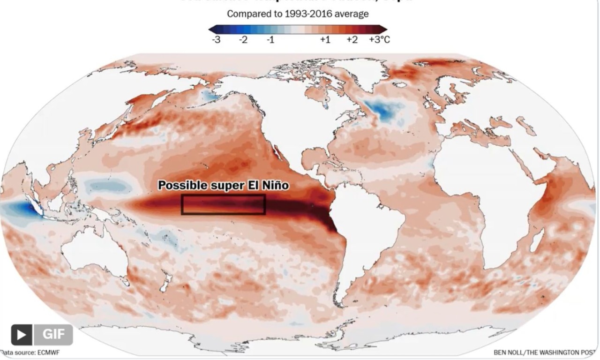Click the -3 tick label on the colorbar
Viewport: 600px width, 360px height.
click(x=216, y=40)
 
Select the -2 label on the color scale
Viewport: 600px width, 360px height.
click(x=243, y=40)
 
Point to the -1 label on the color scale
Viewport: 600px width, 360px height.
click(x=270, y=40)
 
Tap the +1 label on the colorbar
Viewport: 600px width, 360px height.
click(x=325, y=40)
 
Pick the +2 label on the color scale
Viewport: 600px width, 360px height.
click(x=352, y=40)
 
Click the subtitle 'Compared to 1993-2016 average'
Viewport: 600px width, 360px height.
click(x=298, y=14)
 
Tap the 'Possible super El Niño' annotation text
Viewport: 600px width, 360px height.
click(x=223, y=186)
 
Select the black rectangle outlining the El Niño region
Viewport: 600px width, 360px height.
click(x=224, y=205)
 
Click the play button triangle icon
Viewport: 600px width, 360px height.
click(x=22, y=335)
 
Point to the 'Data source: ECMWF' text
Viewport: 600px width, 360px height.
click(x=30, y=352)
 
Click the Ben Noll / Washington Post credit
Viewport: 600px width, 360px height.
click(x=547, y=352)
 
